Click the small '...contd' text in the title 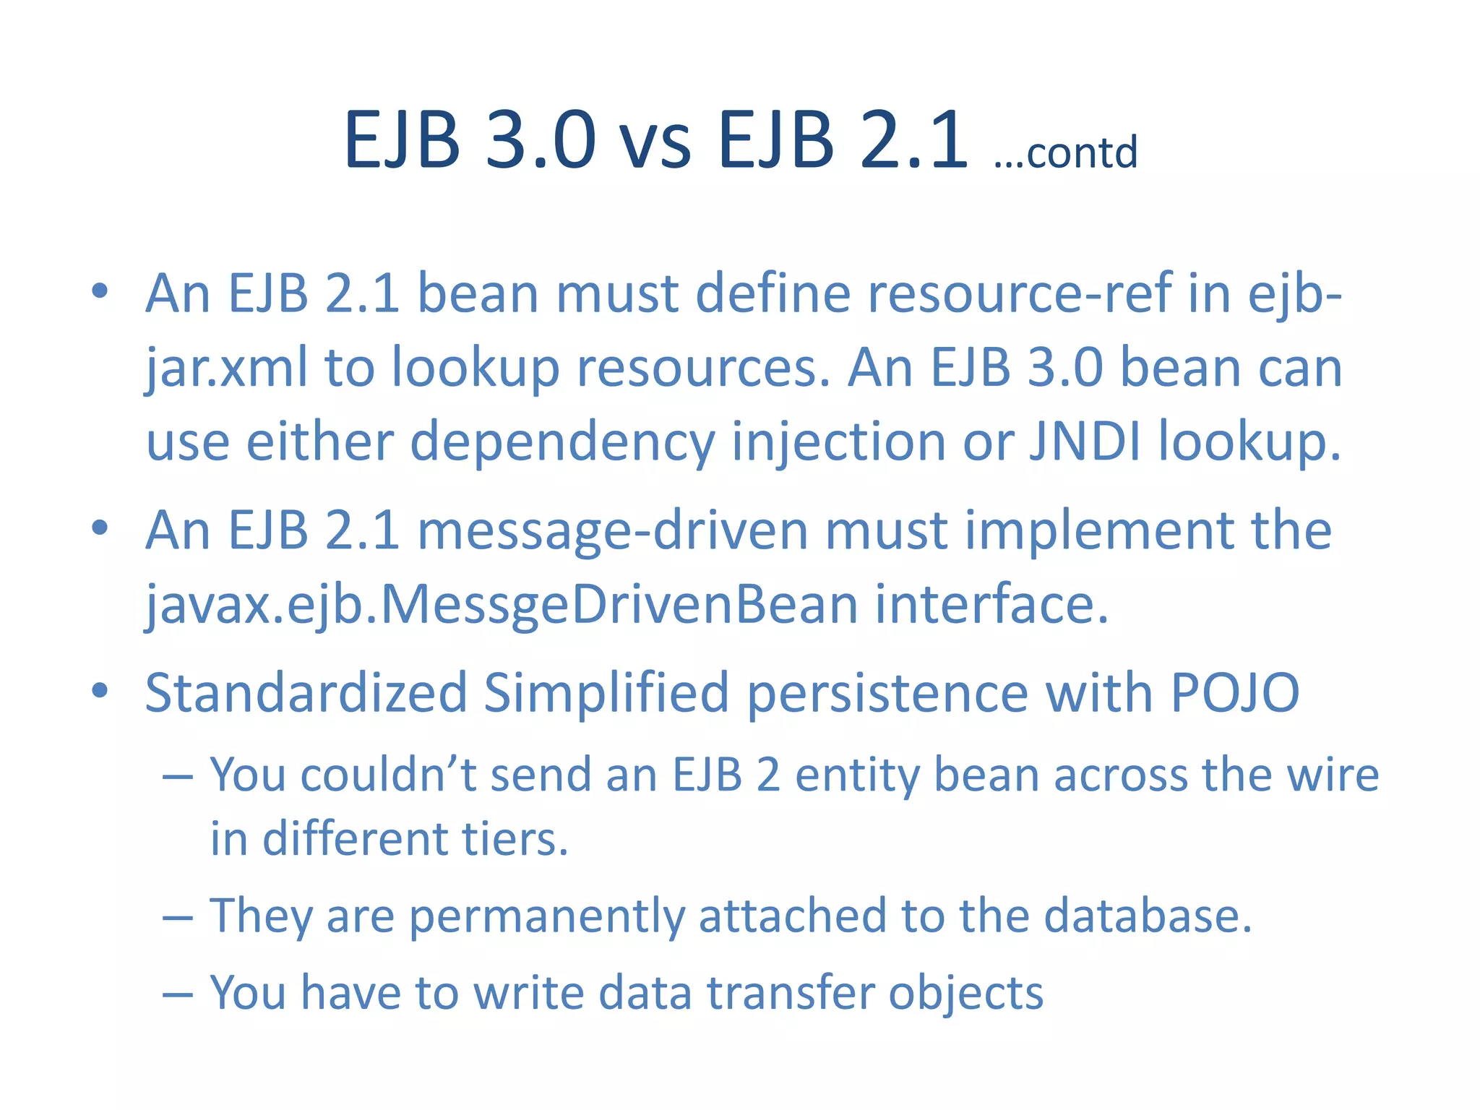(1065, 152)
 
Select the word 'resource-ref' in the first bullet (1019, 294)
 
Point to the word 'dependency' (562, 442)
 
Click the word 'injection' (838, 442)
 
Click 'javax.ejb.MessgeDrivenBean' (502, 606)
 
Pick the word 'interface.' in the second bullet (991, 604)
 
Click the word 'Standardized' (306, 693)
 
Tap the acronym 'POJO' (1235, 693)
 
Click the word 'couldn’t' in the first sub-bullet (388, 775)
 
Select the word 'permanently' (546, 916)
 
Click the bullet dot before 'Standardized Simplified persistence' (100, 690)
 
